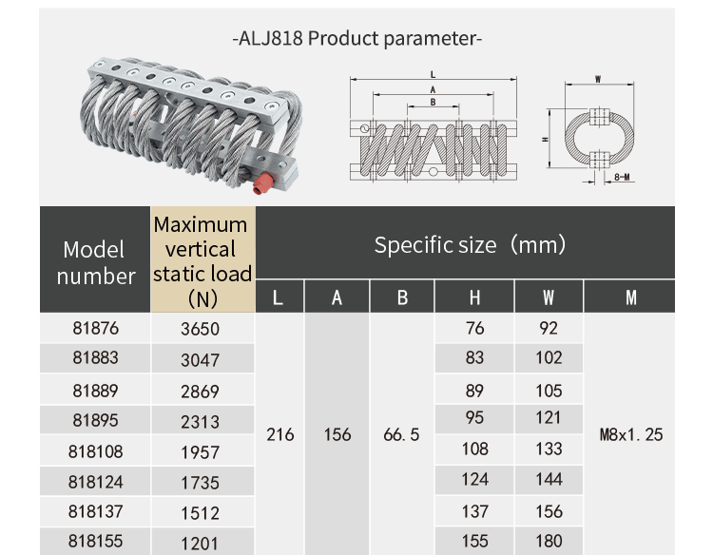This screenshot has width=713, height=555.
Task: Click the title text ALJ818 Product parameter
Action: pyautogui.click(x=357, y=39)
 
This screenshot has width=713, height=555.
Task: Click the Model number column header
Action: pyautogui.click(x=95, y=262)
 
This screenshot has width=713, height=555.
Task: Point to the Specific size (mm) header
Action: pyautogui.click(x=470, y=245)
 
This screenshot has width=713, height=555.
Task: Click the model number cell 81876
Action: pyautogui.click(x=95, y=329)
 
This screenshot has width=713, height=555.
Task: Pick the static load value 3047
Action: pyautogui.click(x=200, y=360)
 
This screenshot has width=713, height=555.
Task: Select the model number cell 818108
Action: pyautogui.click(x=95, y=451)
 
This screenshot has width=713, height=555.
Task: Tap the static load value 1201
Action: pyautogui.click(x=200, y=544)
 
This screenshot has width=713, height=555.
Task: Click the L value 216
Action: pyautogui.click(x=279, y=434)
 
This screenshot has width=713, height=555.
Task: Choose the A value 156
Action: pyautogui.click(x=337, y=434)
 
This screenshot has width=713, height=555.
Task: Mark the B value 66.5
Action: pyautogui.click(x=401, y=434)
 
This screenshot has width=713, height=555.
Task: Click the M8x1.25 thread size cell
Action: pyautogui.click(x=631, y=434)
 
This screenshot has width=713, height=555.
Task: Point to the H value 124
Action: pyautogui.click(x=474, y=480)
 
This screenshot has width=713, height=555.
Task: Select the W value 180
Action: pyautogui.click(x=549, y=542)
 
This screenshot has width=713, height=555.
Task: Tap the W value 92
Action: pyautogui.click(x=549, y=329)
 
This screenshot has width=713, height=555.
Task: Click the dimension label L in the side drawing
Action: pyautogui.click(x=433, y=73)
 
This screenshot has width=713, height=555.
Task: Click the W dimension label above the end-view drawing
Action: pyautogui.click(x=596, y=79)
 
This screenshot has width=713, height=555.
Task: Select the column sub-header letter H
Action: pyautogui.click(x=474, y=297)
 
